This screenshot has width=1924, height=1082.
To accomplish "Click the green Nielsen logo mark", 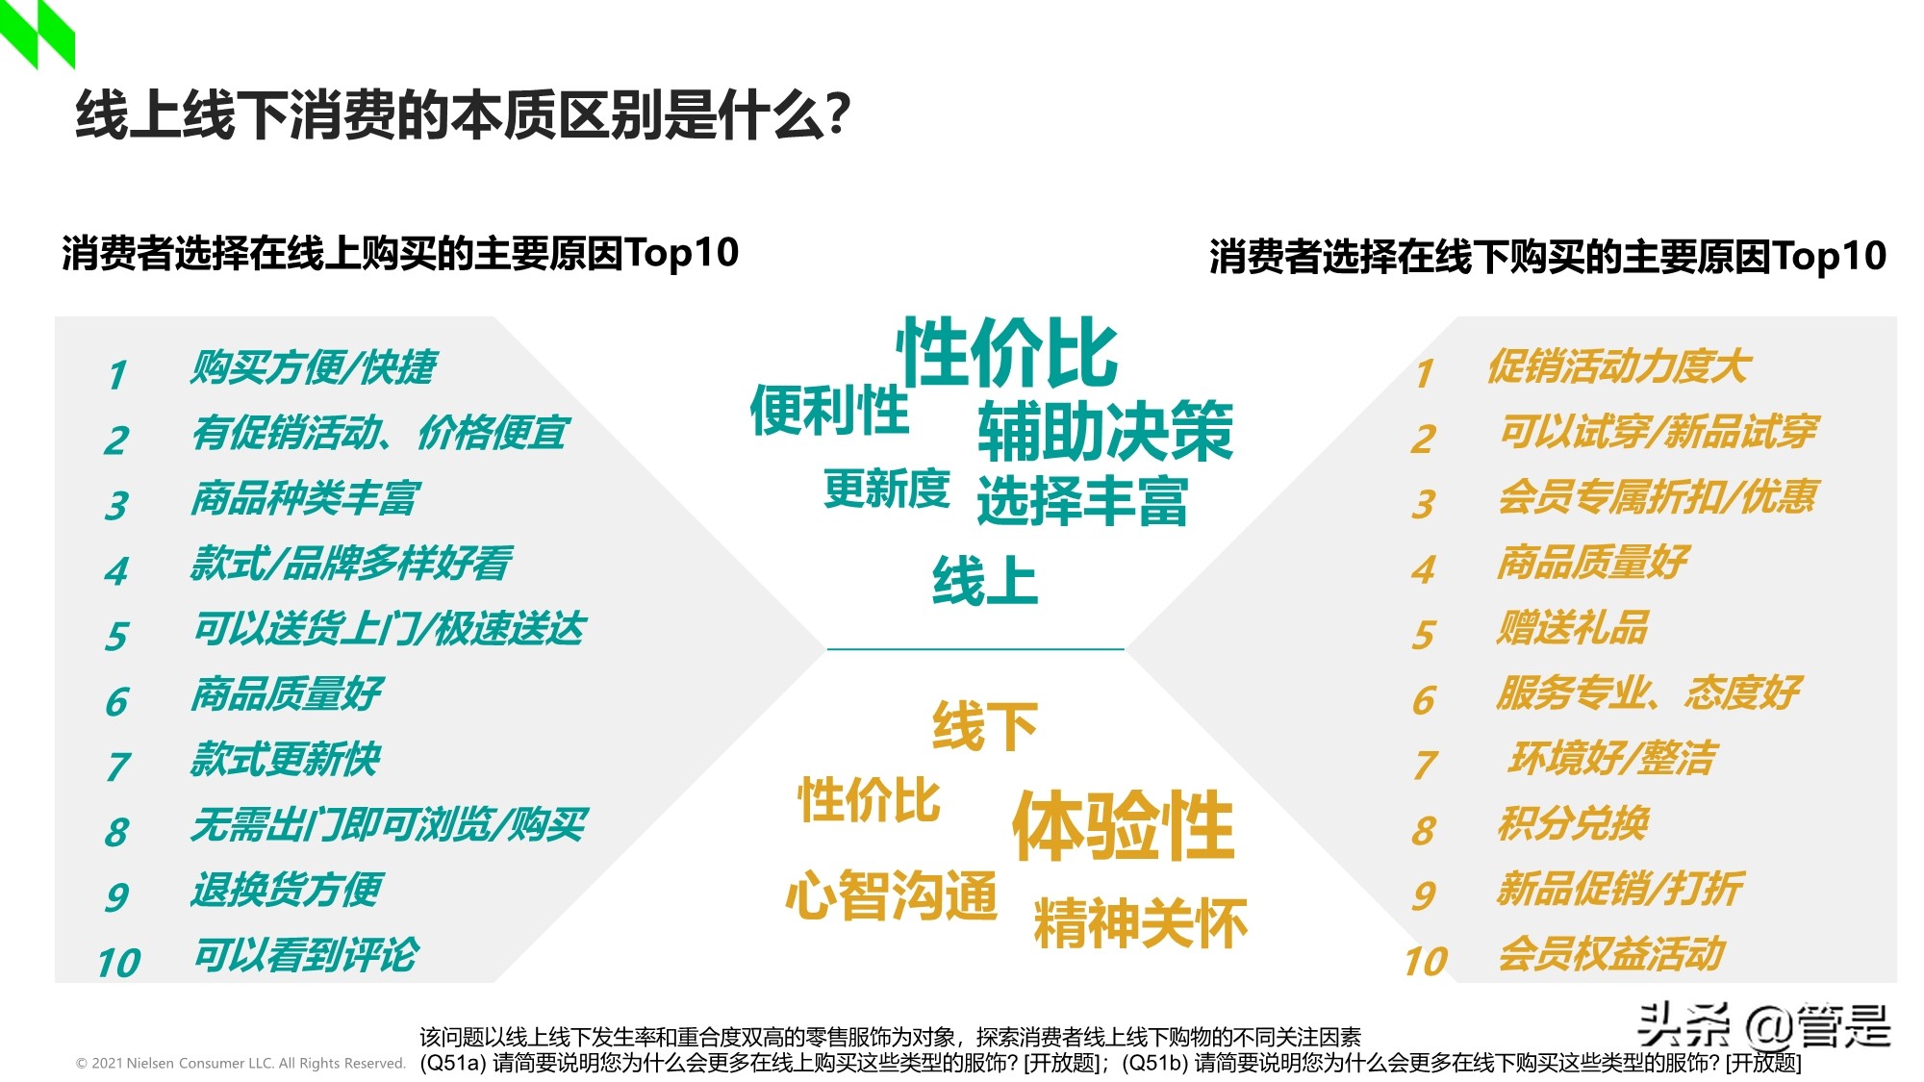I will pos(37,33).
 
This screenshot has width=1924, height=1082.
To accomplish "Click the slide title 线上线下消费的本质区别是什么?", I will pos(463,115).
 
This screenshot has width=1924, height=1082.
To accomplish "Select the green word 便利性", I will pos(829,411).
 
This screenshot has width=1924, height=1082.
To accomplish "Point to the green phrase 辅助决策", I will pos(1105,432).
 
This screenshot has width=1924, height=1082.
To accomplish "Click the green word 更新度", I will pos(886,490).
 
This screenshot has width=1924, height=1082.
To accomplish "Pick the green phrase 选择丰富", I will pos(1082,501).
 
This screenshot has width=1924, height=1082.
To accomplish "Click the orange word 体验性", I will pos(1123,825).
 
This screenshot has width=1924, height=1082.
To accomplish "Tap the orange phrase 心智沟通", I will pos(891,895).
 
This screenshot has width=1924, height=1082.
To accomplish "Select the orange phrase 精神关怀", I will pos(1140,923).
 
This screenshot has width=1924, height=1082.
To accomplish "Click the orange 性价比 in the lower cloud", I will pos(869,800).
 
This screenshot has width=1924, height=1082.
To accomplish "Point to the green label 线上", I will pos(985,581).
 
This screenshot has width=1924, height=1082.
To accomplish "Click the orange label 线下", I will pos(985,725).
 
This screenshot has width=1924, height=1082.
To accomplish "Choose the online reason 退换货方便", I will pos(287,890).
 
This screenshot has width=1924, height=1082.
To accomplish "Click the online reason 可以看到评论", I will pos(306,955).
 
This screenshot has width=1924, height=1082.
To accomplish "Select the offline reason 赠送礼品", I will pos(1572,628).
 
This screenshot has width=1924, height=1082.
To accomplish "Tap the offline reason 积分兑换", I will pos(1573,824).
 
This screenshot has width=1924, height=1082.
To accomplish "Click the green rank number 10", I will pos(118,963).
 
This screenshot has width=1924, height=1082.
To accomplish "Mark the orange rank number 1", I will pos(1425,374).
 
